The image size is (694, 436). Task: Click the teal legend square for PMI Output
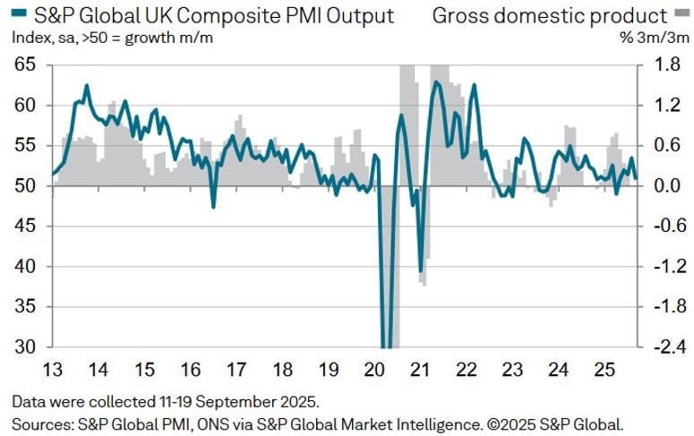[x=17, y=14]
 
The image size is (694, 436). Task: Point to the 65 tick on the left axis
[x=25, y=65]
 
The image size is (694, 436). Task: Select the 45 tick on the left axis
[x=25, y=227]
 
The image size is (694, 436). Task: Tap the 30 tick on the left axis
[x=25, y=347]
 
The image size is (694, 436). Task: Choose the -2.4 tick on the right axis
[x=661, y=347]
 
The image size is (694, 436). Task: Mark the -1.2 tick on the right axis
[x=661, y=267]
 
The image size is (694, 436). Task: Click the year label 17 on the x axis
[x=236, y=369]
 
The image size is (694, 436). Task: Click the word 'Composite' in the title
[x=202, y=15]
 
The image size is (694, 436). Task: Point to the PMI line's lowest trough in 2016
[x=213, y=208]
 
